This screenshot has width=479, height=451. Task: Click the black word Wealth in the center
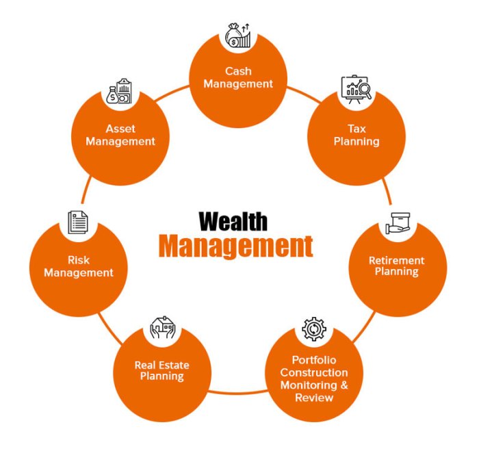233,221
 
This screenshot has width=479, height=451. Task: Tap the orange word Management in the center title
236,246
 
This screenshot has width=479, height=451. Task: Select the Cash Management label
238,77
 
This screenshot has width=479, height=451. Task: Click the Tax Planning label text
357,135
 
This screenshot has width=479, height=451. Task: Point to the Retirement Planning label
396,266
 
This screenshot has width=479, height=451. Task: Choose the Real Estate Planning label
162,371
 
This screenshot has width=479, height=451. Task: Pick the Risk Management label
79,266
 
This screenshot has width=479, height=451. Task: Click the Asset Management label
120,135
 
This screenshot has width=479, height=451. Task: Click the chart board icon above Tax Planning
357,89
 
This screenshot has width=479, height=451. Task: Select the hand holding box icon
398,223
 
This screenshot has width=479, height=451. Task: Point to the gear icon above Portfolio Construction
313,329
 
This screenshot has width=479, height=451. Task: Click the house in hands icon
163,327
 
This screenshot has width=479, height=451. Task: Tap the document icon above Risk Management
78,222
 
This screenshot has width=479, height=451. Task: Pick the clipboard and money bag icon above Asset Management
119,91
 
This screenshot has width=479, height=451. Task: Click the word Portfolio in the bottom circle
314,360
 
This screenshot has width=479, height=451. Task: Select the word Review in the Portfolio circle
314,398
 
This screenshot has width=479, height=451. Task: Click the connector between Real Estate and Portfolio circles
238,391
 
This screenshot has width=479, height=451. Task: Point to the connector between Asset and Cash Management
172,92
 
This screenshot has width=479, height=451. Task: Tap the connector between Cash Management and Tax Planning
304,94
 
